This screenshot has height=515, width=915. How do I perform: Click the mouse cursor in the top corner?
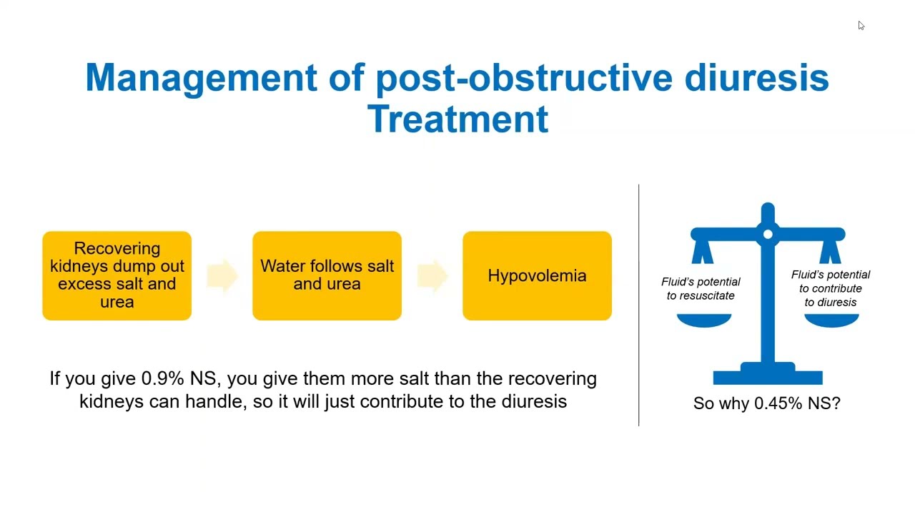tap(861, 25)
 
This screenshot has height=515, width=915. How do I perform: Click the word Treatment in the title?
tap(457, 119)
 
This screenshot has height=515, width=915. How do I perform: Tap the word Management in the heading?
tap(201, 77)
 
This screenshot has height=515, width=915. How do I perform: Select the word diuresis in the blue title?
tap(756, 77)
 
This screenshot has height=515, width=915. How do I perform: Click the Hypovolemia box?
tap(537, 275)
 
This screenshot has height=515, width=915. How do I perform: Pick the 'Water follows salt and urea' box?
tap(327, 275)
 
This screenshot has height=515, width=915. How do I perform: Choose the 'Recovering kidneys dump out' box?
tap(117, 275)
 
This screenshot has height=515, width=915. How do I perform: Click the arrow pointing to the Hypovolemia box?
tap(432, 275)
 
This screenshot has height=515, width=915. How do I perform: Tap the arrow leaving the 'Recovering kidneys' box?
tap(222, 275)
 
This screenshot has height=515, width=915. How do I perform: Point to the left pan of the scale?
tap(704, 320)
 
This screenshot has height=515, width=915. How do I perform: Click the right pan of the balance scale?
tap(831, 320)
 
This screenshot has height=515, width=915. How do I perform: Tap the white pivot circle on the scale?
tap(768, 234)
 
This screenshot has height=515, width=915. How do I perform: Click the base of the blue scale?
tap(768, 374)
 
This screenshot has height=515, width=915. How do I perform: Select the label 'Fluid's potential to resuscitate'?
tap(701, 288)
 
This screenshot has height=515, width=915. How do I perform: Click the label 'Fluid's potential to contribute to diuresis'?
tap(831, 288)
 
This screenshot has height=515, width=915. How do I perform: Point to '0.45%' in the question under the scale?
tap(778, 403)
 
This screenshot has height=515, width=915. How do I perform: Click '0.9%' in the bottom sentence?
tap(162, 378)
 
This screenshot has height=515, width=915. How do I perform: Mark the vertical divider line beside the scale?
tap(639, 305)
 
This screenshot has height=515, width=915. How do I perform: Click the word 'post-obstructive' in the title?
tap(524, 77)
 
